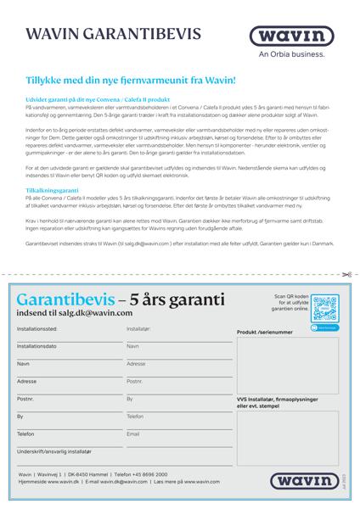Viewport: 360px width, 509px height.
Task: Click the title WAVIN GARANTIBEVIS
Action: click(x=115, y=35)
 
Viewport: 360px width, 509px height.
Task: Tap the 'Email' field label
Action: click(x=133, y=433)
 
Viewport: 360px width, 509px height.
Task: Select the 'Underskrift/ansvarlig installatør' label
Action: click(x=54, y=451)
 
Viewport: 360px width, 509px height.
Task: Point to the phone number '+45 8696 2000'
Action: click(x=149, y=474)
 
